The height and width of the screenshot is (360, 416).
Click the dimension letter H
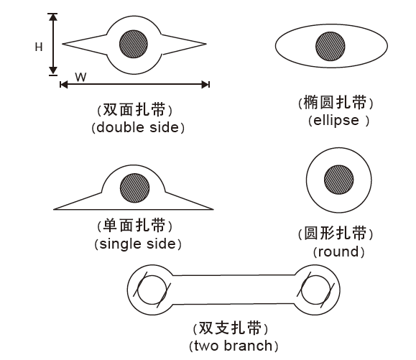39,47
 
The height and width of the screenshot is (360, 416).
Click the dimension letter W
80,77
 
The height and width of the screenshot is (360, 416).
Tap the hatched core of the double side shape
134,44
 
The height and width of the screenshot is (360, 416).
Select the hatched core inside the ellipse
331,47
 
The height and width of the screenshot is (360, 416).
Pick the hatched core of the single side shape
135,188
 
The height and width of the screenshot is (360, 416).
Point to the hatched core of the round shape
339,180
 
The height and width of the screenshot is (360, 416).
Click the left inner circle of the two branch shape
152,290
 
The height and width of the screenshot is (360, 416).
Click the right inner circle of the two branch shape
315,290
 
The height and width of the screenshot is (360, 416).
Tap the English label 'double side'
138,128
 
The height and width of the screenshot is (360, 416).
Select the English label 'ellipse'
336,121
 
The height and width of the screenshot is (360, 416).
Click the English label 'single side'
138,244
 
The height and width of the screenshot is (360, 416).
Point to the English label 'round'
338,251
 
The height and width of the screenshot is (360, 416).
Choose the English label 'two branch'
234,346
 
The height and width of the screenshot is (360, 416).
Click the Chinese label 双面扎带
134,109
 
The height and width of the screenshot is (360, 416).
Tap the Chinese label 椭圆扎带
336,102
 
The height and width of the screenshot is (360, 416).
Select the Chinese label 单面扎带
135,226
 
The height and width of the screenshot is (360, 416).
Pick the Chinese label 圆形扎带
336,234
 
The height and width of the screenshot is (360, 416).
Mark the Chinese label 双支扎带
231,328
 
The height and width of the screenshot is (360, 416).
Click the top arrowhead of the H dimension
53,17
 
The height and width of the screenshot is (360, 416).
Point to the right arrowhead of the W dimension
205,85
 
